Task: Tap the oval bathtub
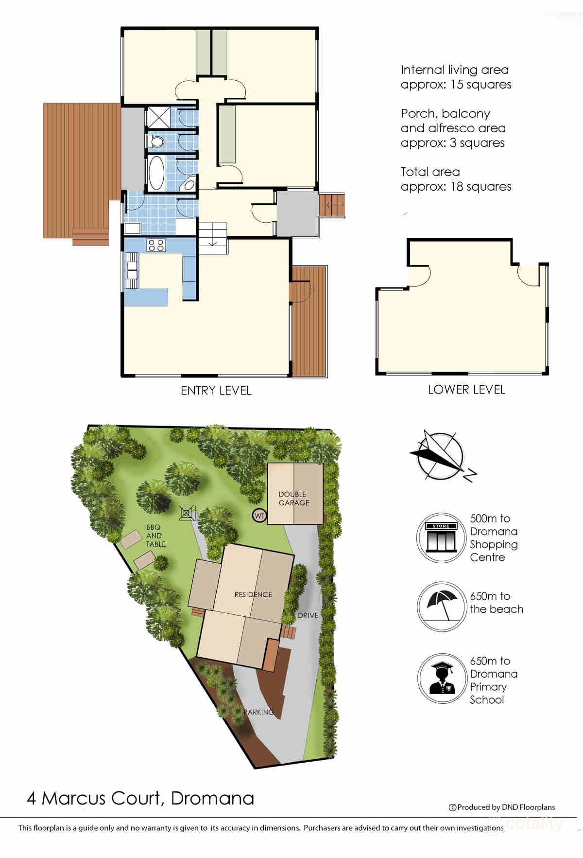pyautogui.click(x=156, y=173)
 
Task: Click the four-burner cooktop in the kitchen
pyautogui.click(x=156, y=245)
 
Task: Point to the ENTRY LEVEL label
pyautogui.click(x=216, y=391)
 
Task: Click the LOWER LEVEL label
pyautogui.click(x=466, y=390)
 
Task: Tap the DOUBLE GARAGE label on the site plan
pyautogui.click(x=294, y=499)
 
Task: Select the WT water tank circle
pyautogui.click(x=259, y=516)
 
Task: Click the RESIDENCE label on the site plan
pyautogui.click(x=253, y=594)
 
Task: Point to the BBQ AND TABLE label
pyautogui.click(x=155, y=536)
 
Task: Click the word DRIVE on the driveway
pyautogui.click(x=308, y=615)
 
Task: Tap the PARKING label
pyautogui.click(x=259, y=712)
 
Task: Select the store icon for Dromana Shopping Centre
pyautogui.click(x=441, y=538)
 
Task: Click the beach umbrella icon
pyautogui.click(x=441, y=606)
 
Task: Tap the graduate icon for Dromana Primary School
pyautogui.click(x=441, y=678)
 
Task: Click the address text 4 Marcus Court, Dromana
pyautogui.click(x=140, y=798)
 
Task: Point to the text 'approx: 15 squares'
pyautogui.click(x=456, y=85)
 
